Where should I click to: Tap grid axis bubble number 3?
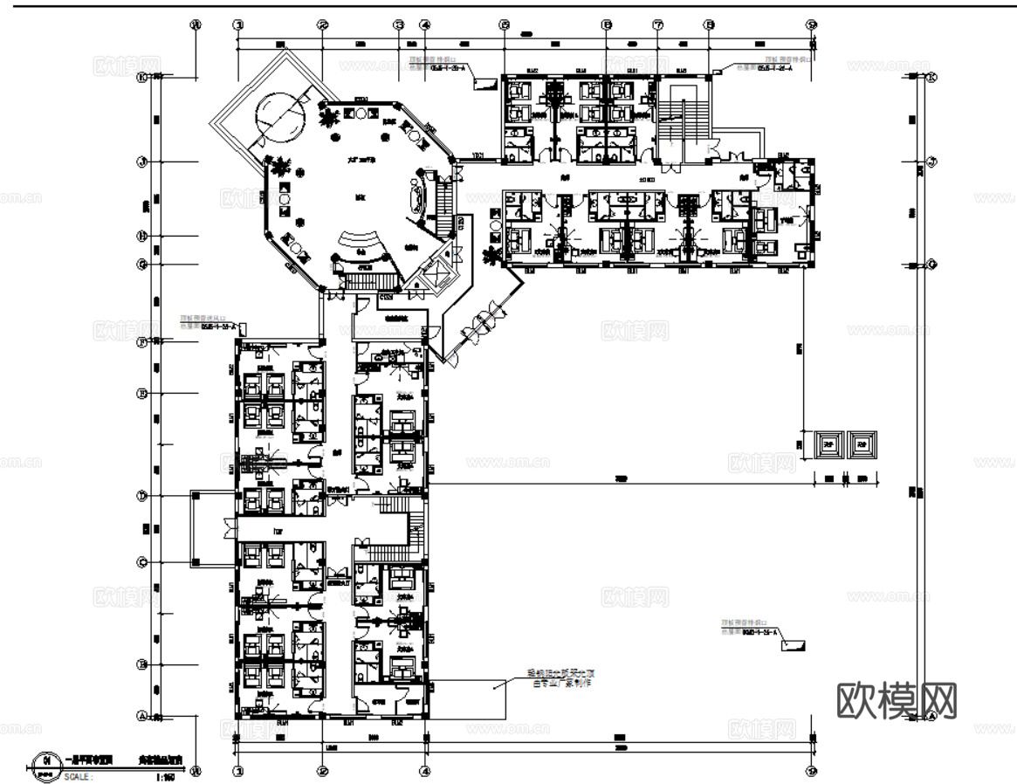tap(399, 25)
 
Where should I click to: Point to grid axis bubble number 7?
tap(657, 25)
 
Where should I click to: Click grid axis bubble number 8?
tap(709, 25)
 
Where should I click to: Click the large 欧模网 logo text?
tap(897, 700)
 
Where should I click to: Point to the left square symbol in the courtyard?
tap(828, 444)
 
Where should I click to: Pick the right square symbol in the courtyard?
tap(863, 444)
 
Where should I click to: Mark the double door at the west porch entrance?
tap(229, 528)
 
